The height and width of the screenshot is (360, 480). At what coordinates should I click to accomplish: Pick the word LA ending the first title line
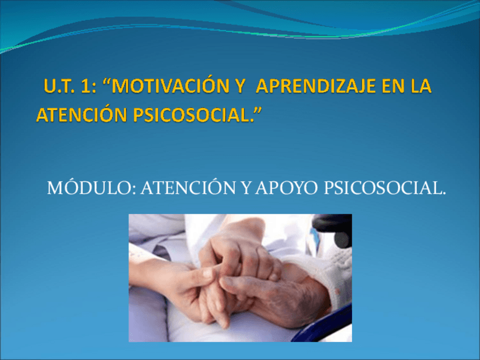tap(419, 87)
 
